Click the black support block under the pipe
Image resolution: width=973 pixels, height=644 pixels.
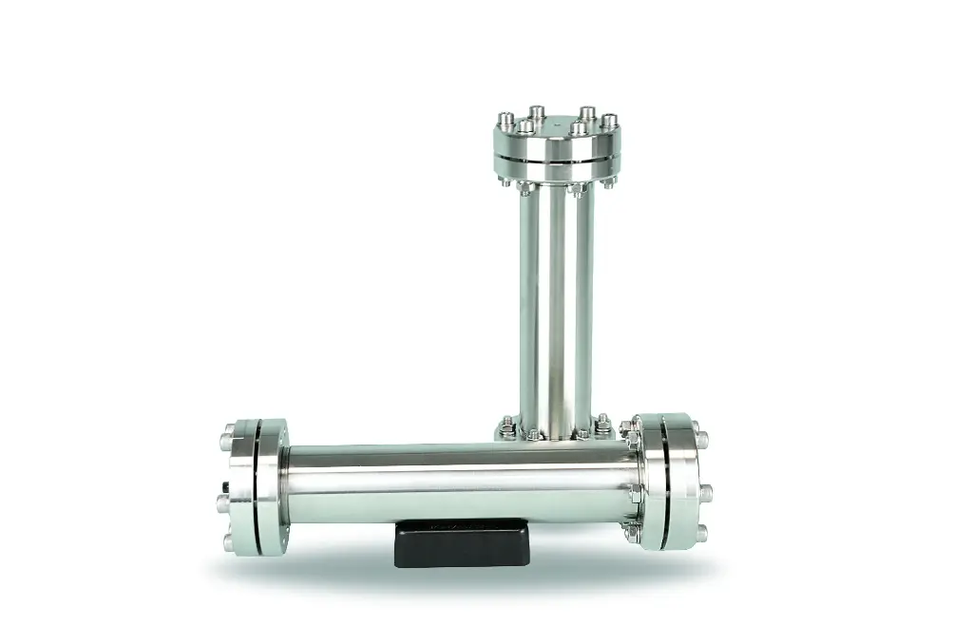click(460, 542)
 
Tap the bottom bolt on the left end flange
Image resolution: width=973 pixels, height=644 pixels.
click(228, 543)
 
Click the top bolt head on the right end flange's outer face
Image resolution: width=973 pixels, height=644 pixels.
click(701, 440)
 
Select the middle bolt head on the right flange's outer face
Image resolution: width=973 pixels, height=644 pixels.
click(706, 491)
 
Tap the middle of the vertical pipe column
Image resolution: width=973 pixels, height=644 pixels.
click(556, 304)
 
